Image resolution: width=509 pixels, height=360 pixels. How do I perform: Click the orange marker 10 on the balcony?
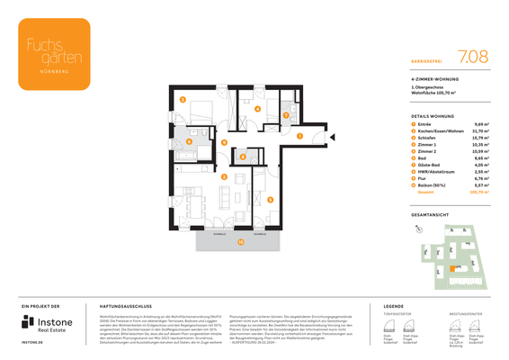240,241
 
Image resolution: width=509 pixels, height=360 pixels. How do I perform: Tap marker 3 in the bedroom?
183,100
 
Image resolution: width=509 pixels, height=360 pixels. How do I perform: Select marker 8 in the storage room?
243,157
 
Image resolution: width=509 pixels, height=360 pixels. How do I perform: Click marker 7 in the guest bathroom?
285,115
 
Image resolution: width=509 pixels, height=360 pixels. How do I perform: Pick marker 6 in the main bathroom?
190,140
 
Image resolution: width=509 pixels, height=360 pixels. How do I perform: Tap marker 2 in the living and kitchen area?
224,177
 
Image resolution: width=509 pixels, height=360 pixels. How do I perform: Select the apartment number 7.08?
473,56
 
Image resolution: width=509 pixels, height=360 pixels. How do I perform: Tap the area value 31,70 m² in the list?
480,131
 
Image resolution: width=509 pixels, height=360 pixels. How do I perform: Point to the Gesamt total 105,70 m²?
478,192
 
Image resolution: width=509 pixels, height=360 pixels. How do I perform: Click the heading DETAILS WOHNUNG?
433,117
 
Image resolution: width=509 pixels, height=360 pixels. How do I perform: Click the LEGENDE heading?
394,306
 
